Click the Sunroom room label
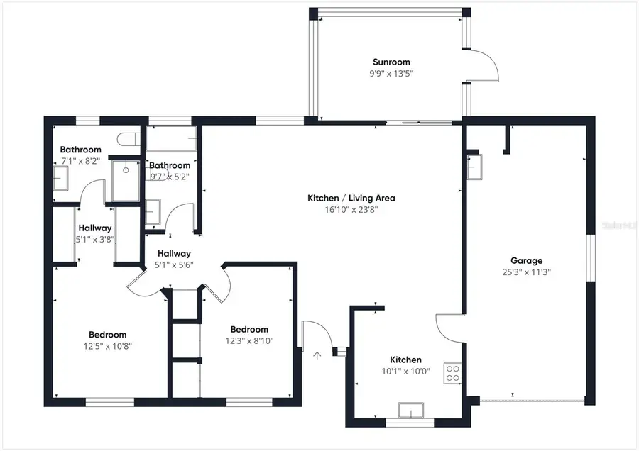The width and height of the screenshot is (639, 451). pos(391,62)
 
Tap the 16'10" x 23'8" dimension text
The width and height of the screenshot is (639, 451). pos(351,209)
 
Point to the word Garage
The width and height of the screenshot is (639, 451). pos(526,260)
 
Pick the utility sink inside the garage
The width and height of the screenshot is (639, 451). pos(474,166)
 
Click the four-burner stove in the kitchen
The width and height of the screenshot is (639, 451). pos(452,372)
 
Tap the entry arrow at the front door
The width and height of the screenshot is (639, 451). pos(317,355)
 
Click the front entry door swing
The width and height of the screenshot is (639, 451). pos(313,335)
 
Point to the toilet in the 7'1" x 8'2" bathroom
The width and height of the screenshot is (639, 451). pos(129,139)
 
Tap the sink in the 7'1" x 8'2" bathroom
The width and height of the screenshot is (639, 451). pos(62,178)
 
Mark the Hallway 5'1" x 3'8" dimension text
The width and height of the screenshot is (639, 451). pos(95,240)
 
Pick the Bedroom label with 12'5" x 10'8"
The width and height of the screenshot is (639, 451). pos(107,335)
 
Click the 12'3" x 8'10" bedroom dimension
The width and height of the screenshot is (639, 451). pos(249,340)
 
